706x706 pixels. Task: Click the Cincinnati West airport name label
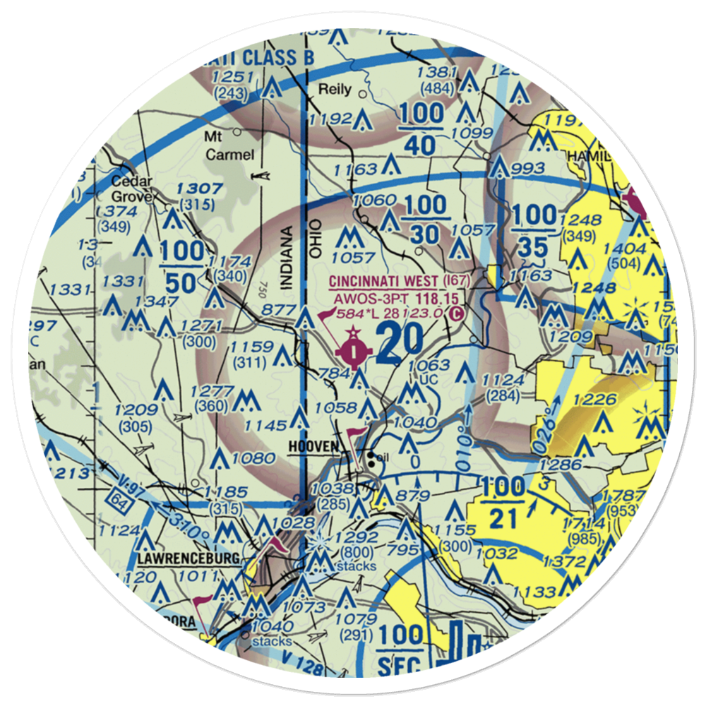[x=395, y=282]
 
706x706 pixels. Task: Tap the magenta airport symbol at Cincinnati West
[x=352, y=348]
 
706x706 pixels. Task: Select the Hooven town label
[x=313, y=447]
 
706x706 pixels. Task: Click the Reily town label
[x=333, y=90]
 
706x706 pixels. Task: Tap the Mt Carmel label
[x=217, y=145]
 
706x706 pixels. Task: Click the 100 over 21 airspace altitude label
[x=504, y=503]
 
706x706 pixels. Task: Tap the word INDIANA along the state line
[x=287, y=258]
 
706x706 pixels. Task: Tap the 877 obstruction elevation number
[x=276, y=309]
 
